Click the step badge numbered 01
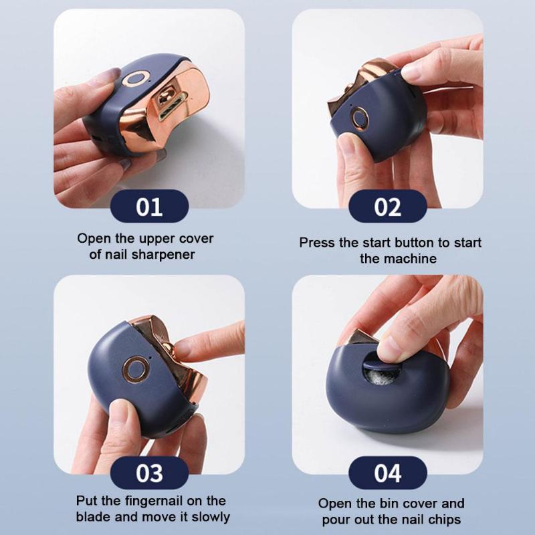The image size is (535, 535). pyautogui.click(x=149, y=206)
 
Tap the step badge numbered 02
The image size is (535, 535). pyautogui.click(x=387, y=206)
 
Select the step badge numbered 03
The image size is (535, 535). pyautogui.click(x=149, y=472)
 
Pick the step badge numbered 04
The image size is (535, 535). pyautogui.click(x=387, y=472)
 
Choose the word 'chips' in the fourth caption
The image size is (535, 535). pyautogui.click(x=442, y=520)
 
